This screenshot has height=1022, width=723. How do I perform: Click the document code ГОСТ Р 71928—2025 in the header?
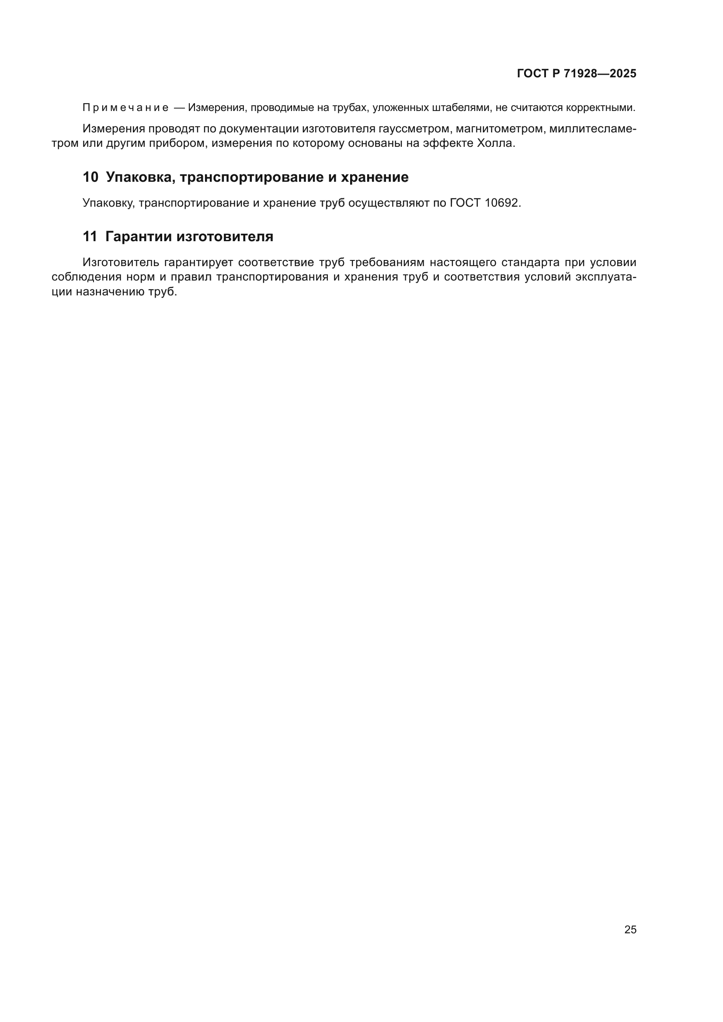577,74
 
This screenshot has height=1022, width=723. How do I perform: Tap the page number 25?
630,930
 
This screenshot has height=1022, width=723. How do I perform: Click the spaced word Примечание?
125,108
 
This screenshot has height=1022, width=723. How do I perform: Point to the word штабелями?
463,108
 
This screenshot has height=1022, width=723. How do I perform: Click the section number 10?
90,177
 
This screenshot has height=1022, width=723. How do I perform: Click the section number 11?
90,237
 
